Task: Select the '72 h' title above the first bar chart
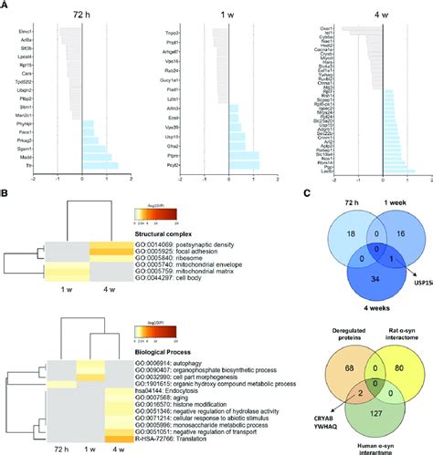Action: pos(82,16)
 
